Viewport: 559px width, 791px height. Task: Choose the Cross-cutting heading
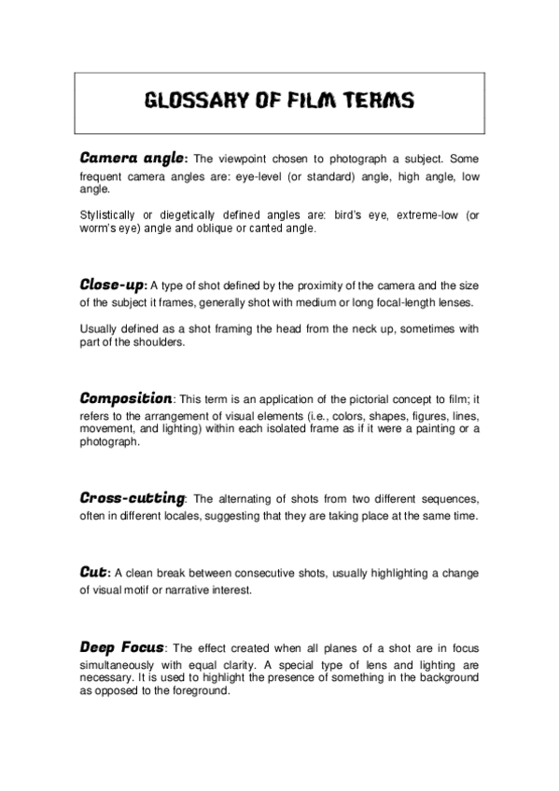133,498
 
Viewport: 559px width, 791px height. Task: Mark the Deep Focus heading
122,646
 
